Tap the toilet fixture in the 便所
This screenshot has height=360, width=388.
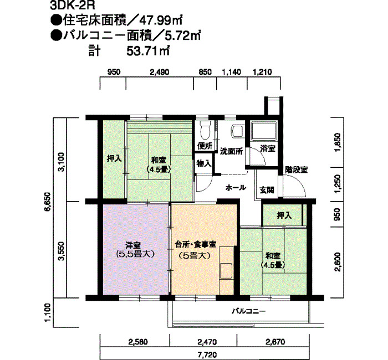pyautogui.click(x=205, y=130)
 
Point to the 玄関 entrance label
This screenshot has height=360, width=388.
pyautogui.click(x=267, y=189)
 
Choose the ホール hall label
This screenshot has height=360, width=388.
pyautogui.click(x=236, y=188)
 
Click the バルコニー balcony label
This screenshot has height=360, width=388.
pyautogui.click(x=249, y=311)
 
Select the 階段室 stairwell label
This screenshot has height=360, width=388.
pyautogui.click(x=297, y=170)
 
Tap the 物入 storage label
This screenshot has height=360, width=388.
pyautogui.click(x=204, y=163)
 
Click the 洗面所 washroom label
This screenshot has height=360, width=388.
pyautogui.click(x=231, y=151)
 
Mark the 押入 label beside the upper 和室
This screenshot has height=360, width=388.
pyautogui.click(x=114, y=158)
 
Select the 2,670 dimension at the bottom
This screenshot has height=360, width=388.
pyautogui.click(x=274, y=342)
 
